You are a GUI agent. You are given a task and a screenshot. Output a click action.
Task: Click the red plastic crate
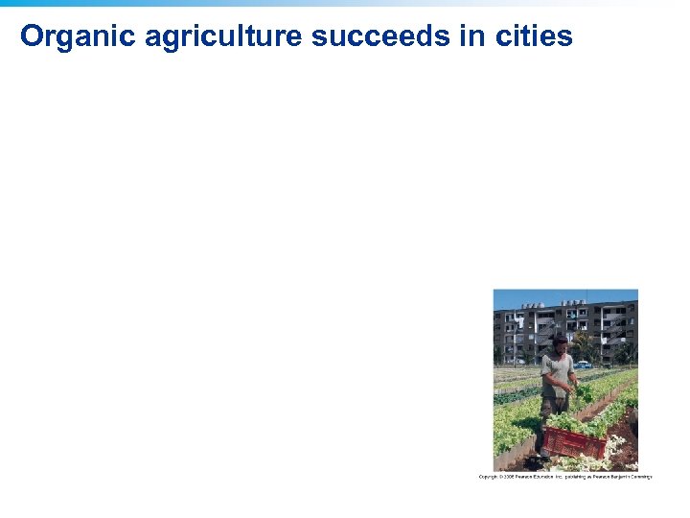pyautogui.click(x=575, y=441)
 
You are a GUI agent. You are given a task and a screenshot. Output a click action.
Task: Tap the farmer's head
pyautogui.click(x=560, y=342)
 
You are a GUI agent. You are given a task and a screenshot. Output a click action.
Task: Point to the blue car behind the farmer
pyautogui.click(x=583, y=365)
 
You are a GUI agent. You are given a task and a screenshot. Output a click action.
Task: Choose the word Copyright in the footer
pyautogui.click(x=488, y=477)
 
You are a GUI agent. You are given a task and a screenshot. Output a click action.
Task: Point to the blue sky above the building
pyautogui.click(x=565, y=297)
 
